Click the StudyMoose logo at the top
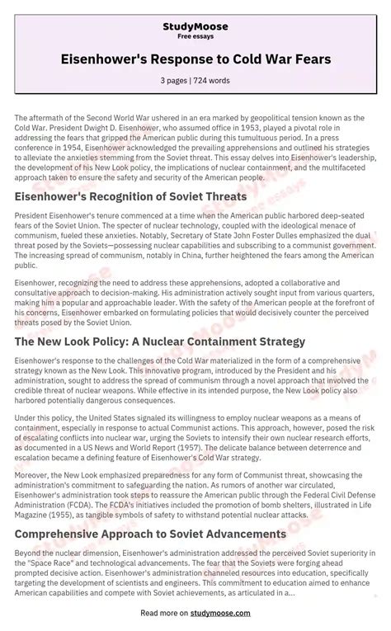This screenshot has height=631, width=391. coord(195,27)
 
